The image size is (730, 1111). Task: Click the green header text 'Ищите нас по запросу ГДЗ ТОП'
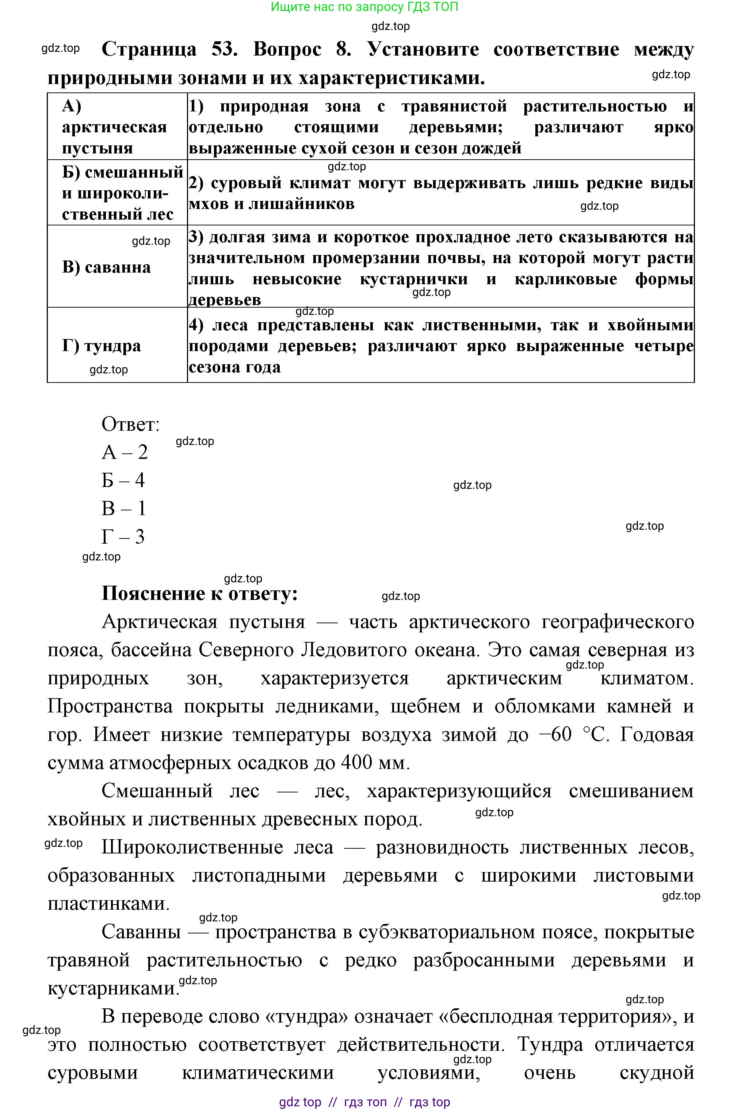coord(364,7)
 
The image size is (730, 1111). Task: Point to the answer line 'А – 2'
coord(125,452)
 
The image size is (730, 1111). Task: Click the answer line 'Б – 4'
coord(123,480)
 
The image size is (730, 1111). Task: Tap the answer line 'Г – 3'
coord(123,537)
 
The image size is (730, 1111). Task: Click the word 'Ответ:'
coord(131,424)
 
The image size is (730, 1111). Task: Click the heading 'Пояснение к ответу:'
coord(200,593)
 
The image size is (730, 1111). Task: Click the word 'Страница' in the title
coord(149,49)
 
